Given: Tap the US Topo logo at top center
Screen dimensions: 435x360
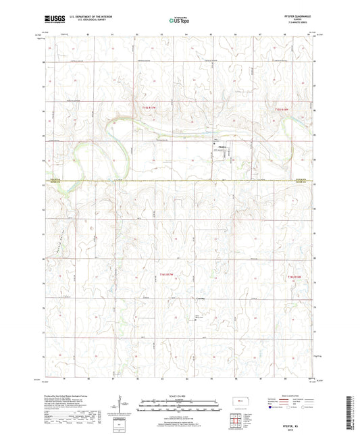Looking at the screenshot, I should [179, 20].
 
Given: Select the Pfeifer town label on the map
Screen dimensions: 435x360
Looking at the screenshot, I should [224, 144].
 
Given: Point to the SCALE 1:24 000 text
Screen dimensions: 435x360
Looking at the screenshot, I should [179, 395].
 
